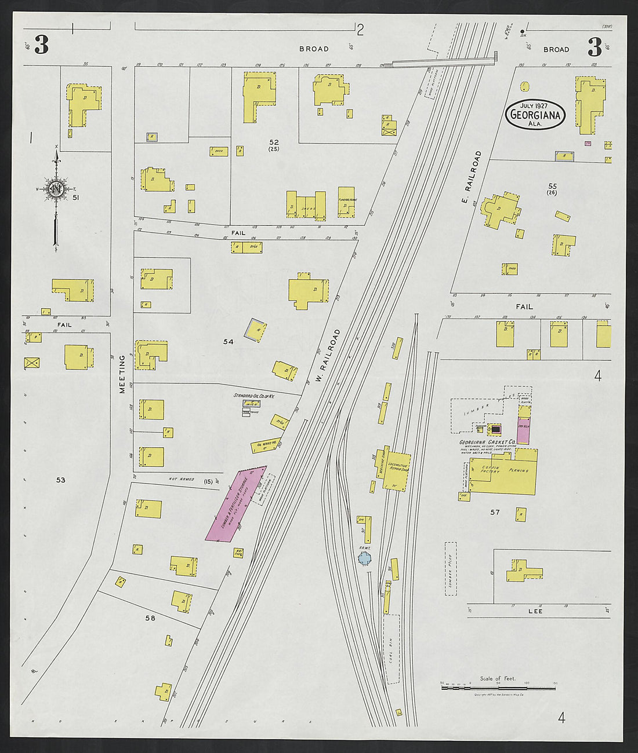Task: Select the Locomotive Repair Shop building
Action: click(398, 470)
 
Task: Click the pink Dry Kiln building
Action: click(523, 430)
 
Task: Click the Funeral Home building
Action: click(346, 203)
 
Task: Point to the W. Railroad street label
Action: click(328, 356)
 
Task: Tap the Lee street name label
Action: click(535, 611)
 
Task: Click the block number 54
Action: click(229, 342)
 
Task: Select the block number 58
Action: click(150, 618)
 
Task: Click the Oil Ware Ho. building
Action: click(266, 445)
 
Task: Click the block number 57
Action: click(495, 512)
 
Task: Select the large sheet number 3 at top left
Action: click(41, 45)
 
